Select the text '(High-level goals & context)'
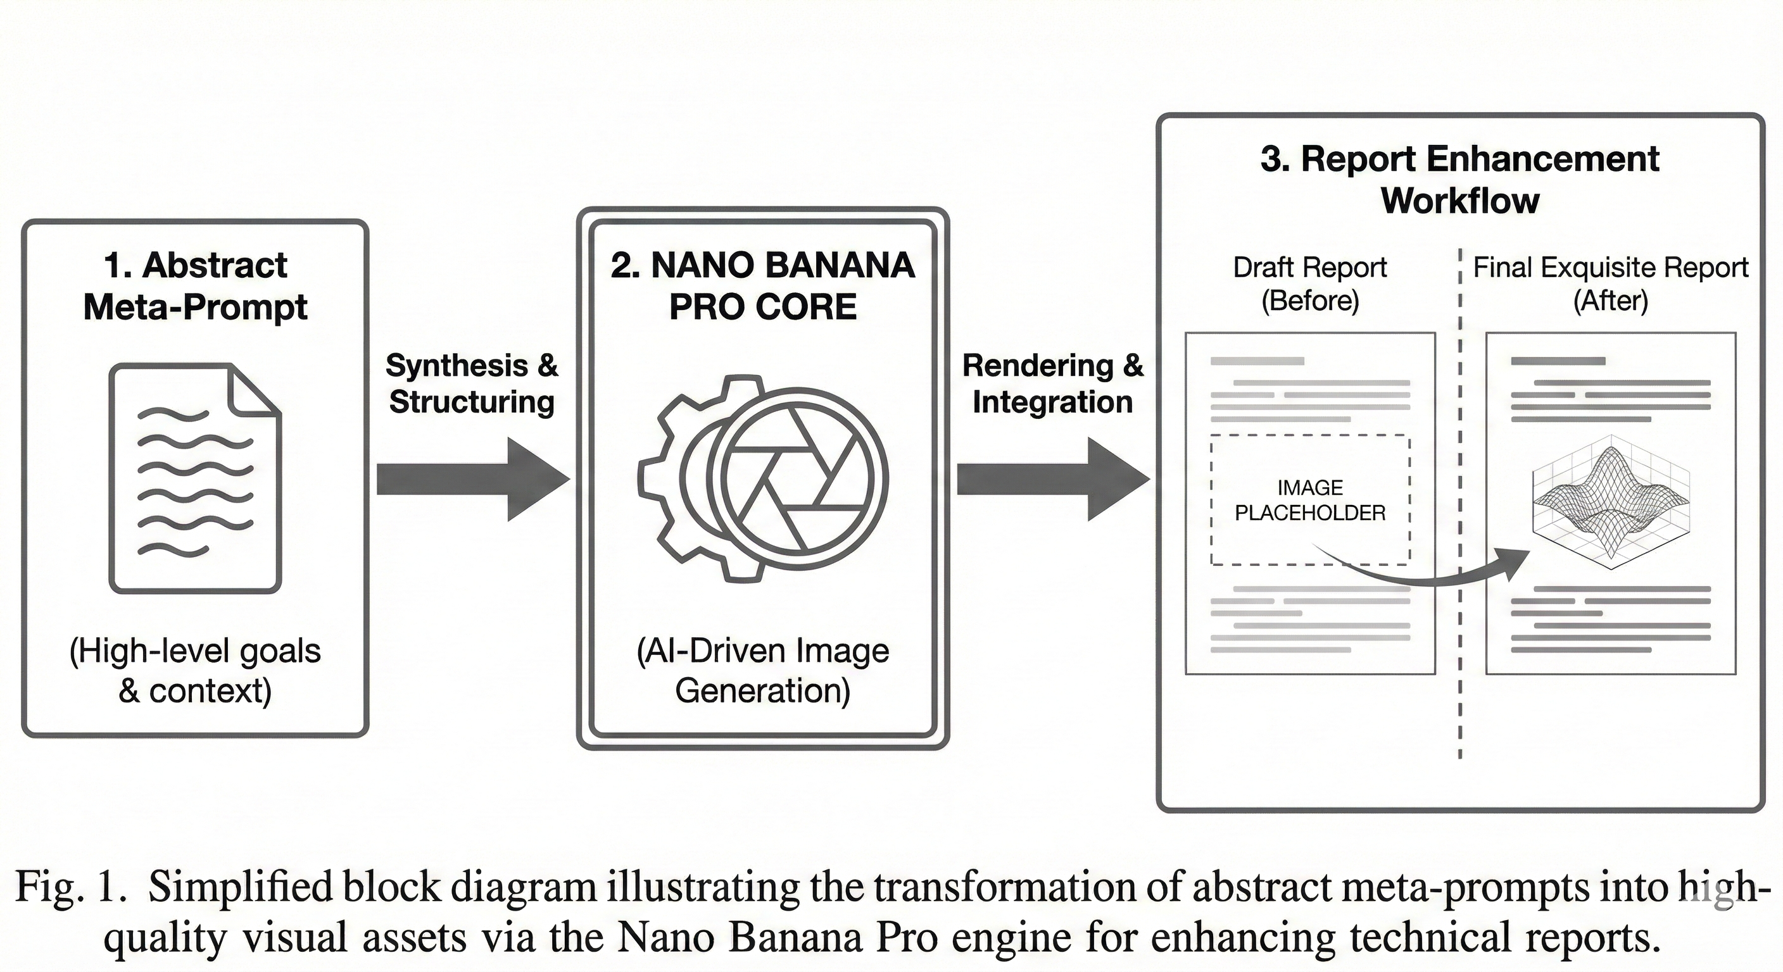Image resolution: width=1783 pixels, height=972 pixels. pos(195,670)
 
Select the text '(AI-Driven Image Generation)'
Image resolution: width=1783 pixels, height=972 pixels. pos(763,670)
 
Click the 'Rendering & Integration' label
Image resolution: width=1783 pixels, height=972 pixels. pos(1052,383)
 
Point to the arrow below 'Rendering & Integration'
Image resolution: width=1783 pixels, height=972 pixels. pos(1052,479)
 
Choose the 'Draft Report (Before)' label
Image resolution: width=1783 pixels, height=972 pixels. pos(1309,283)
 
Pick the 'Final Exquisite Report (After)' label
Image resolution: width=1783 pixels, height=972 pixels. pos(1610,283)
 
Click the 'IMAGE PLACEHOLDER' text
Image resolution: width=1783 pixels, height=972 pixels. pos(1309,500)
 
